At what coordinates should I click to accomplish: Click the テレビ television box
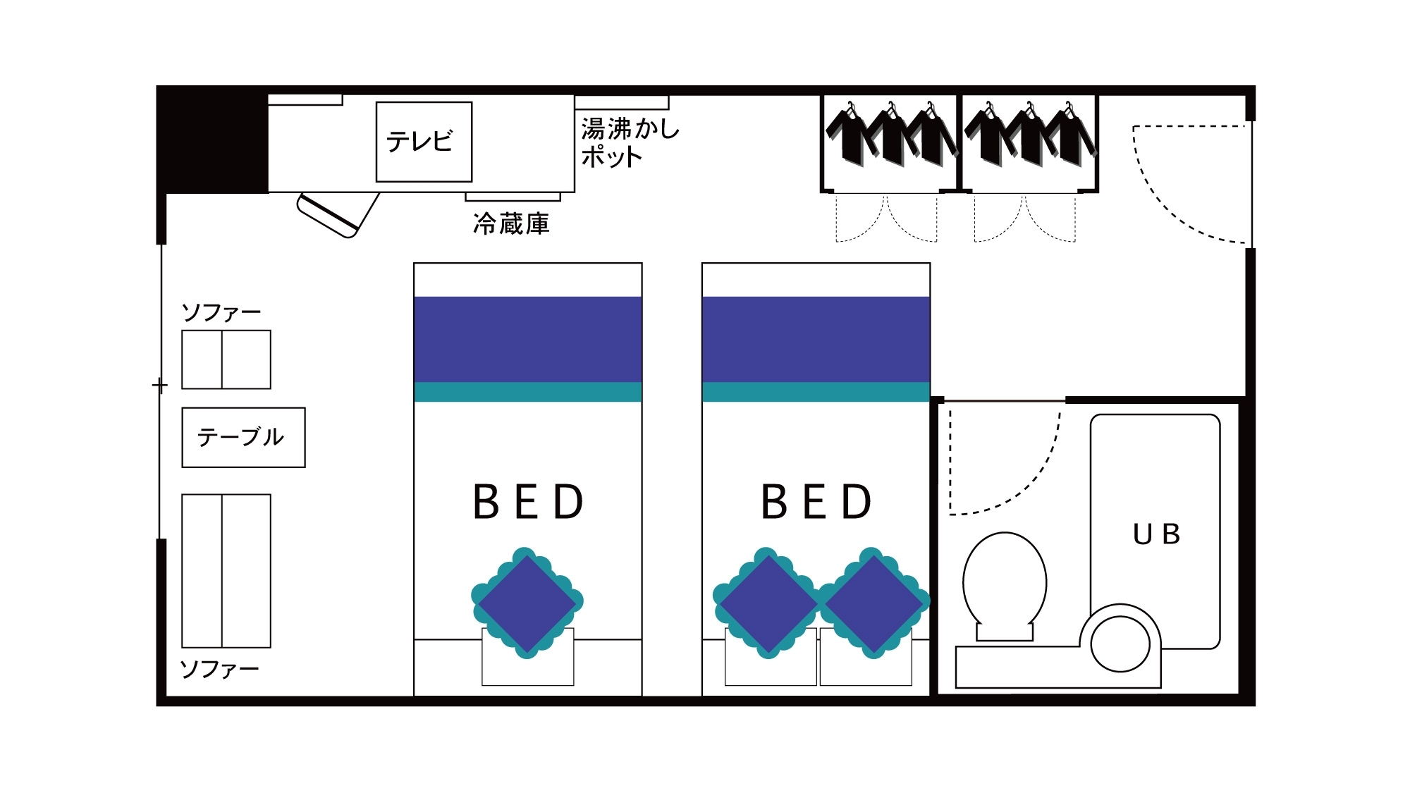point(424,142)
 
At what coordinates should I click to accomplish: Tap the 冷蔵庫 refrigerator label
point(511,224)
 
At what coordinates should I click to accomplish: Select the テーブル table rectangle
point(243,437)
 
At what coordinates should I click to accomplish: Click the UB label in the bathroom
point(1156,534)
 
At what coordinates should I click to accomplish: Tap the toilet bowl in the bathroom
point(1005,582)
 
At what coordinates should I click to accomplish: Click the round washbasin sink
point(1120,644)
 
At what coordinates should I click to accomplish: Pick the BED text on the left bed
point(529,502)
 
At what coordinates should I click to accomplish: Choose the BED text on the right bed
point(817,502)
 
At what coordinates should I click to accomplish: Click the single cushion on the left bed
point(527,603)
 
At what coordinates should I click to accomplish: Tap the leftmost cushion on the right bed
point(768,603)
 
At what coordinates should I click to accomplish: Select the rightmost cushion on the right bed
point(873,603)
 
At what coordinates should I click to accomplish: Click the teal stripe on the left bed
point(527,392)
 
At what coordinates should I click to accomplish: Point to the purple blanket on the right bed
point(816,339)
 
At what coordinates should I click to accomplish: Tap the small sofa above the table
point(226,359)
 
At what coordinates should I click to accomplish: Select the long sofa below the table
point(226,570)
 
